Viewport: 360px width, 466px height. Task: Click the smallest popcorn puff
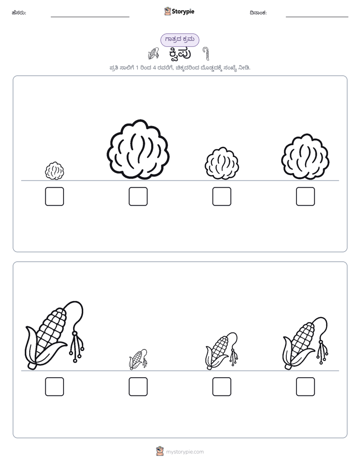click(x=54, y=170)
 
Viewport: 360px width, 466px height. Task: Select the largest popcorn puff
click(x=138, y=149)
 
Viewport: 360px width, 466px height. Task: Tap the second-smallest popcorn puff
click(x=222, y=163)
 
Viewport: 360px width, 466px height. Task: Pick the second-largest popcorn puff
click(x=306, y=157)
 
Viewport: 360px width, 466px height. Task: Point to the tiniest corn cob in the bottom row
click(x=138, y=359)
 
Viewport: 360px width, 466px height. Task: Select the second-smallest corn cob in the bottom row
click(x=221, y=352)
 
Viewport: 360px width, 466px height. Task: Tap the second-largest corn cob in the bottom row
click(x=306, y=343)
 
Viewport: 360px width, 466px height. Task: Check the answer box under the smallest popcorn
click(x=54, y=197)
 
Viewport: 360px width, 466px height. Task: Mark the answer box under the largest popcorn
click(x=138, y=197)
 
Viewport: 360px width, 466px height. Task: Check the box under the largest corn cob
click(x=54, y=387)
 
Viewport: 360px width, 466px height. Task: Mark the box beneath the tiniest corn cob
click(x=138, y=387)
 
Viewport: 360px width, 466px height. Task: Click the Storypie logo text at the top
click(x=183, y=12)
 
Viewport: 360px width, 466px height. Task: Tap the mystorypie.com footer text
click(x=185, y=452)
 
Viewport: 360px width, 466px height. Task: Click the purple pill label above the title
click(x=179, y=40)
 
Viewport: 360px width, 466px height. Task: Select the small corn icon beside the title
click(x=153, y=53)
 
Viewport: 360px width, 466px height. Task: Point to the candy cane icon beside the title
click(x=206, y=53)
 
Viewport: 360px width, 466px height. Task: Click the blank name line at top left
click(x=90, y=17)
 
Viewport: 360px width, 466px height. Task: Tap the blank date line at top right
click(x=317, y=17)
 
